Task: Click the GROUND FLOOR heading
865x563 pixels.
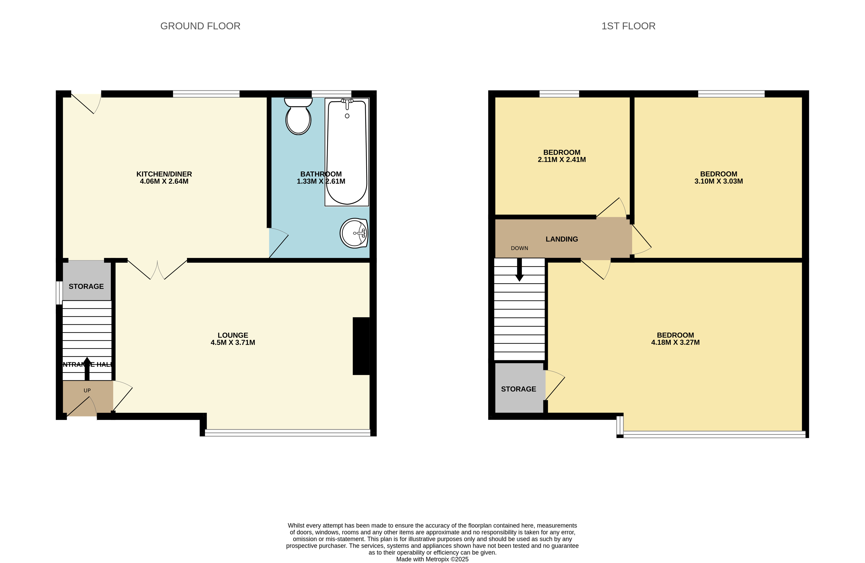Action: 200,26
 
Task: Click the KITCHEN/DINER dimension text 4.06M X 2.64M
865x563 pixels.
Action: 164,181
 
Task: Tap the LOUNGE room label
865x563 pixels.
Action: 233,335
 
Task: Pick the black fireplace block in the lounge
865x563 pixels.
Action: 361,346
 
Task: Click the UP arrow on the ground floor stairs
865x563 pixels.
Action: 87,368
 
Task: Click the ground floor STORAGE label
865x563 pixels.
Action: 86,286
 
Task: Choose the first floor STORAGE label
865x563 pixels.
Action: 518,389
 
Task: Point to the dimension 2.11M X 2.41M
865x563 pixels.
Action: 562,160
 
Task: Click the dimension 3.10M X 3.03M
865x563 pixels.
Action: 718,181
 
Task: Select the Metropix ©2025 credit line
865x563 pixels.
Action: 432,559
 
